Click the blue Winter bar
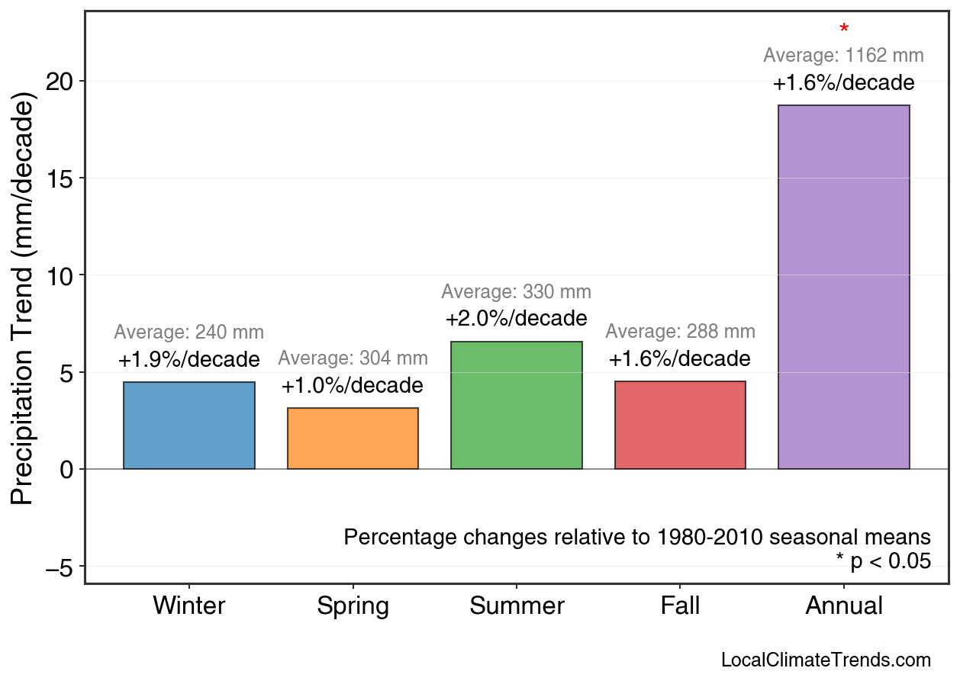point(188,426)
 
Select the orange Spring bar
point(353,438)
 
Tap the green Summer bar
point(517,406)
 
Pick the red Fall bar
point(680,425)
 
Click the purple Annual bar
point(843,287)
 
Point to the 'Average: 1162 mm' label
point(843,56)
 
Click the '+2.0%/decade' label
point(517,318)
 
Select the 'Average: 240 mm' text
point(188,332)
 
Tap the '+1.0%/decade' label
point(353,385)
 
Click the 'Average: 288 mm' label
point(680,332)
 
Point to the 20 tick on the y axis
point(60,82)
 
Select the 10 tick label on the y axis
point(60,275)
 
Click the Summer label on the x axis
point(517,606)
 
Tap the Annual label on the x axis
point(843,606)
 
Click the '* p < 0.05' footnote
point(883,561)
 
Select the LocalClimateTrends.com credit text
point(826,660)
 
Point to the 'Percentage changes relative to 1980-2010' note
point(637,537)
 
